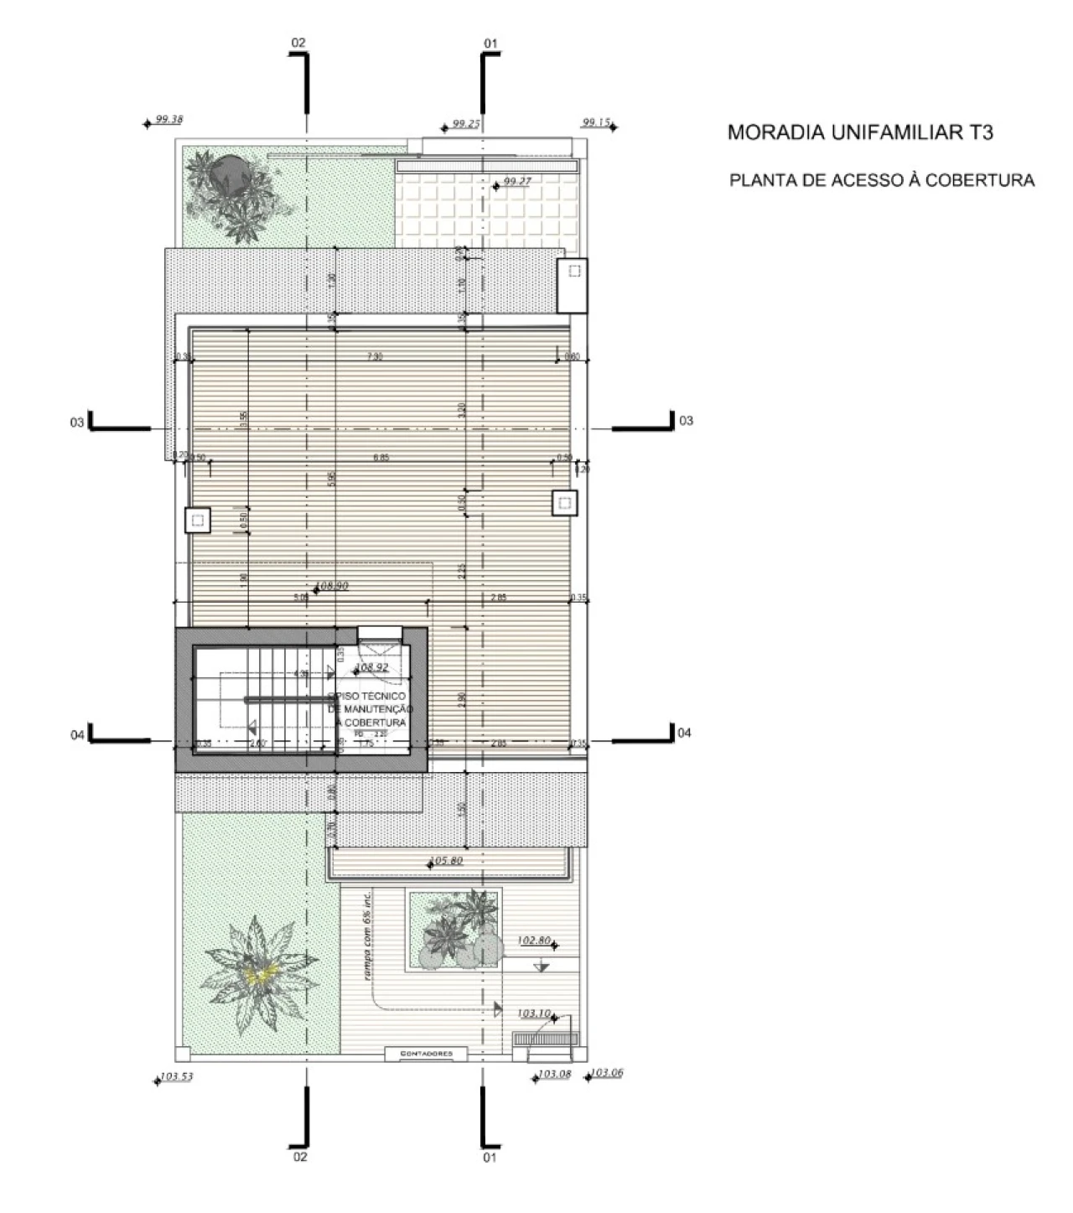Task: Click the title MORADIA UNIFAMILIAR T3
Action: [x=860, y=132]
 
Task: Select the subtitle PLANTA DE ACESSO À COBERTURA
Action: [x=882, y=180]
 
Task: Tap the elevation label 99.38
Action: [x=169, y=120]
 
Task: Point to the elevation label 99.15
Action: [x=596, y=122]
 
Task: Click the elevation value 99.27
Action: [x=518, y=181]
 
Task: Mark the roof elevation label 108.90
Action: [x=333, y=586]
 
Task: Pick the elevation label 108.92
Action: [x=372, y=668]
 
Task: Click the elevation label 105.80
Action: [x=446, y=860]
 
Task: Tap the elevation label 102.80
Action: [x=534, y=941]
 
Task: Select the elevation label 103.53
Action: [x=177, y=1076]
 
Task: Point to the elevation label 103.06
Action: [x=607, y=1073]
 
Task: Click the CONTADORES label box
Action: [x=427, y=1054]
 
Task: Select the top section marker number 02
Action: [x=298, y=42]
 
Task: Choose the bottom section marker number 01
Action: [x=490, y=1158]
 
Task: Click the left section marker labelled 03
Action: [x=77, y=422]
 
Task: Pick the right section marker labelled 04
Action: [x=684, y=733]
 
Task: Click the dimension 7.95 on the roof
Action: [x=374, y=357]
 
